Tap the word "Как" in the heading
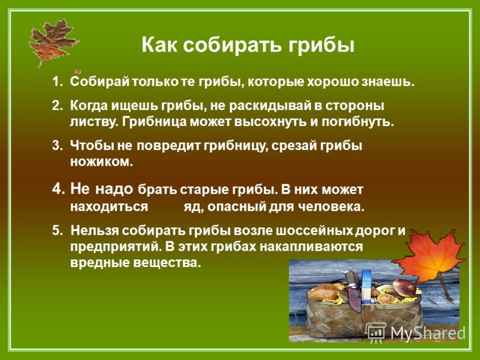(159, 44)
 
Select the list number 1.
(57, 82)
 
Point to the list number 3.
(57, 145)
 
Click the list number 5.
(57, 230)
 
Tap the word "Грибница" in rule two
(155, 122)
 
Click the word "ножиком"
(101, 161)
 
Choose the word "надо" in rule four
(114, 189)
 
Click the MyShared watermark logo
(415, 333)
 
